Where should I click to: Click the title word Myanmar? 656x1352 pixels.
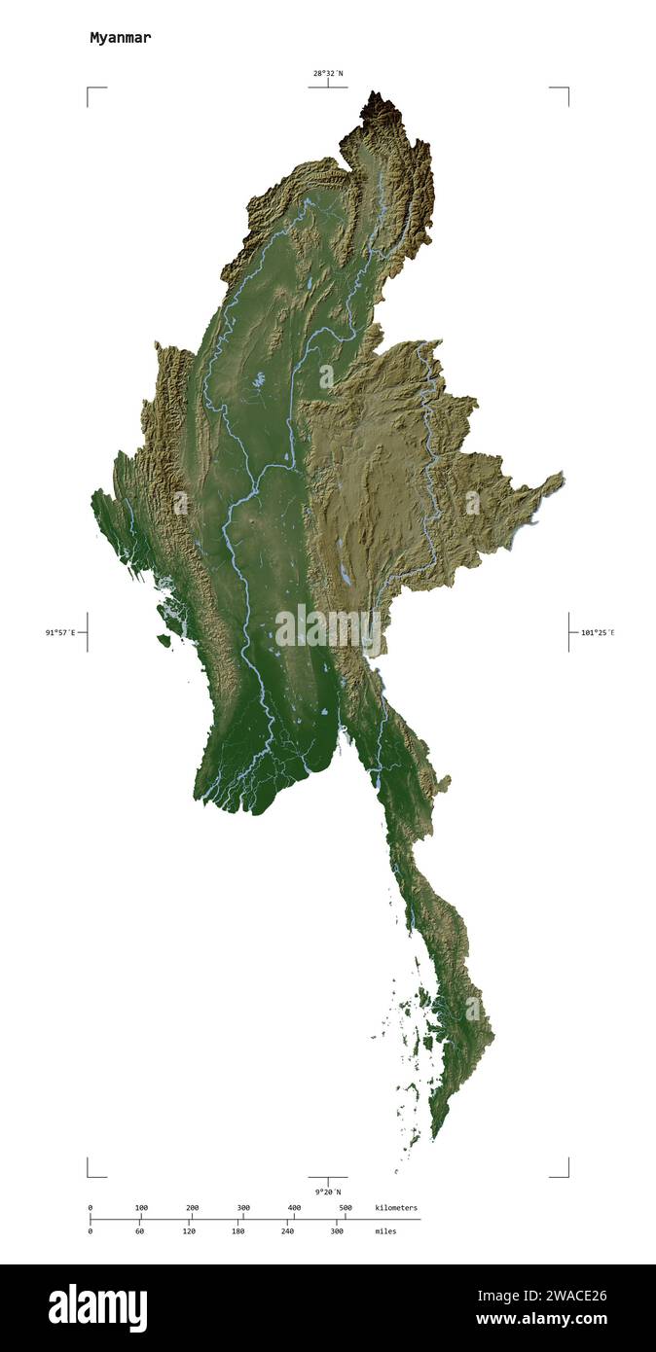tap(120, 38)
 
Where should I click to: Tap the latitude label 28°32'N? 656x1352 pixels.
tap(327, 73)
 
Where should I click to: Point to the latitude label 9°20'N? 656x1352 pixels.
tap(327, 1192)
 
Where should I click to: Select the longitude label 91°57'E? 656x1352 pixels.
tap(59, 632)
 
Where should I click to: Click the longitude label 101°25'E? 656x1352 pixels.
tap(598, 632)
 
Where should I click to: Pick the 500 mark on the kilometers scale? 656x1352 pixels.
tap(345, 1208)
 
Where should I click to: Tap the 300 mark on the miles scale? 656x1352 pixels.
tap(337, 1231)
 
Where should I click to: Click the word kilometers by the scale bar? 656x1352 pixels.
tap(396, 1208)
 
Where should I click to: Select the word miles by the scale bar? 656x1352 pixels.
tap(385, 1231)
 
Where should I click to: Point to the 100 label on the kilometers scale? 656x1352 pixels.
tap(141, 1208)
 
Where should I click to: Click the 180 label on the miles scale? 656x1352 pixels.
tap(237, 1231)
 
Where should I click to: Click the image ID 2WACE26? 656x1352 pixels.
tap(541, 1295)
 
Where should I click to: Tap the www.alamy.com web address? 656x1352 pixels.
tap(541, 1320)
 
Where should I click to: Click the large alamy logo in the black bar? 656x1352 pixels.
tap(97, 1308)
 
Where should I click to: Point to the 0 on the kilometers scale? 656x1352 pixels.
tap(91, 1208)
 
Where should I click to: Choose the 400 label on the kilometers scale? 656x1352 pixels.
tap(294, 1208)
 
